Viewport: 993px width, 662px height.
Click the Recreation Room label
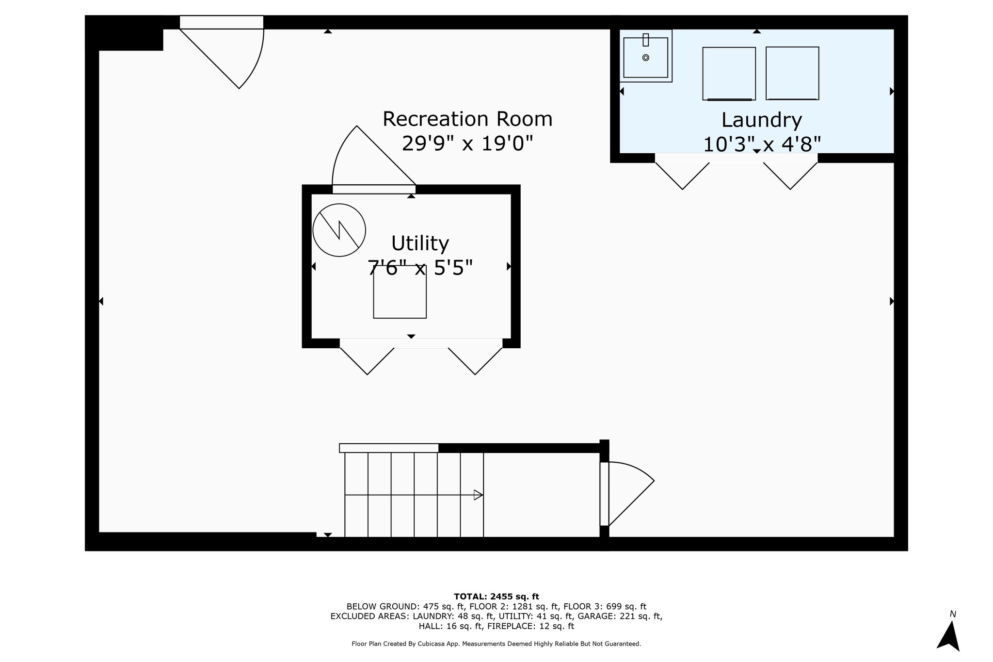click(467, 119)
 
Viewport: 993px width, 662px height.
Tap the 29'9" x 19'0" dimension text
click(467, 144)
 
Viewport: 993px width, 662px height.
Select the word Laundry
click(761, 120)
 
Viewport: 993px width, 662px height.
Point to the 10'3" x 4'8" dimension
click(761, 145)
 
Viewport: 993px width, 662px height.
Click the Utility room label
click(420, 243)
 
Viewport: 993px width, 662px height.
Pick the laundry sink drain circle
click(645, 58)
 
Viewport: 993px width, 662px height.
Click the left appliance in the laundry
click(729, 74)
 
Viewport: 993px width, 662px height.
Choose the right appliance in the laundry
click(792, 73)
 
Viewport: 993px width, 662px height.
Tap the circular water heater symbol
click(339, 230)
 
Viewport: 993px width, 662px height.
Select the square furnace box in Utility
click(400, 292)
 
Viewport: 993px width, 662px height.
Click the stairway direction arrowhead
click(478, 495)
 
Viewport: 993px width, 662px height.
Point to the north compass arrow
click(948, 635)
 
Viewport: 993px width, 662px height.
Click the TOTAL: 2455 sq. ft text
click(496, 597)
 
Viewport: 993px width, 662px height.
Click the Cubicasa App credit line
click(496, 644)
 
